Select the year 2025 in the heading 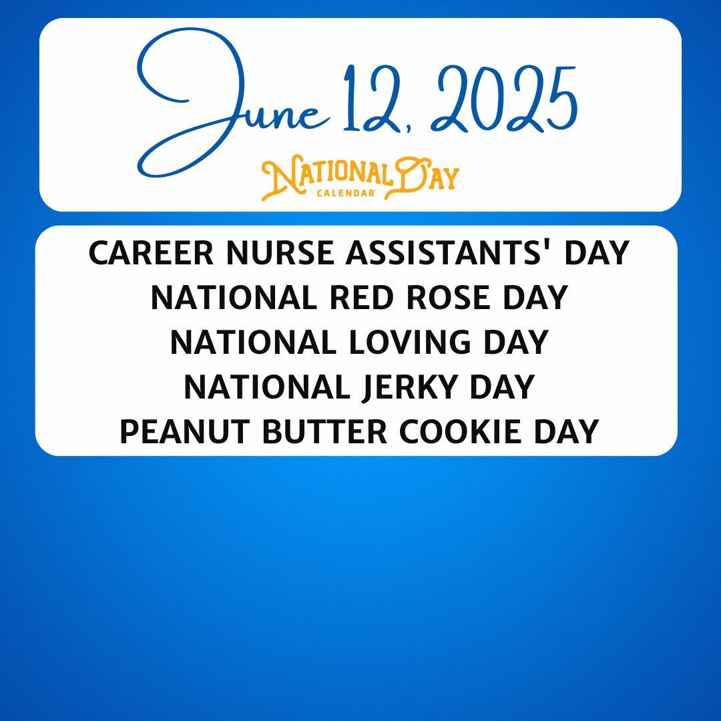coord(504,100)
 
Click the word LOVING coord(419,342)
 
